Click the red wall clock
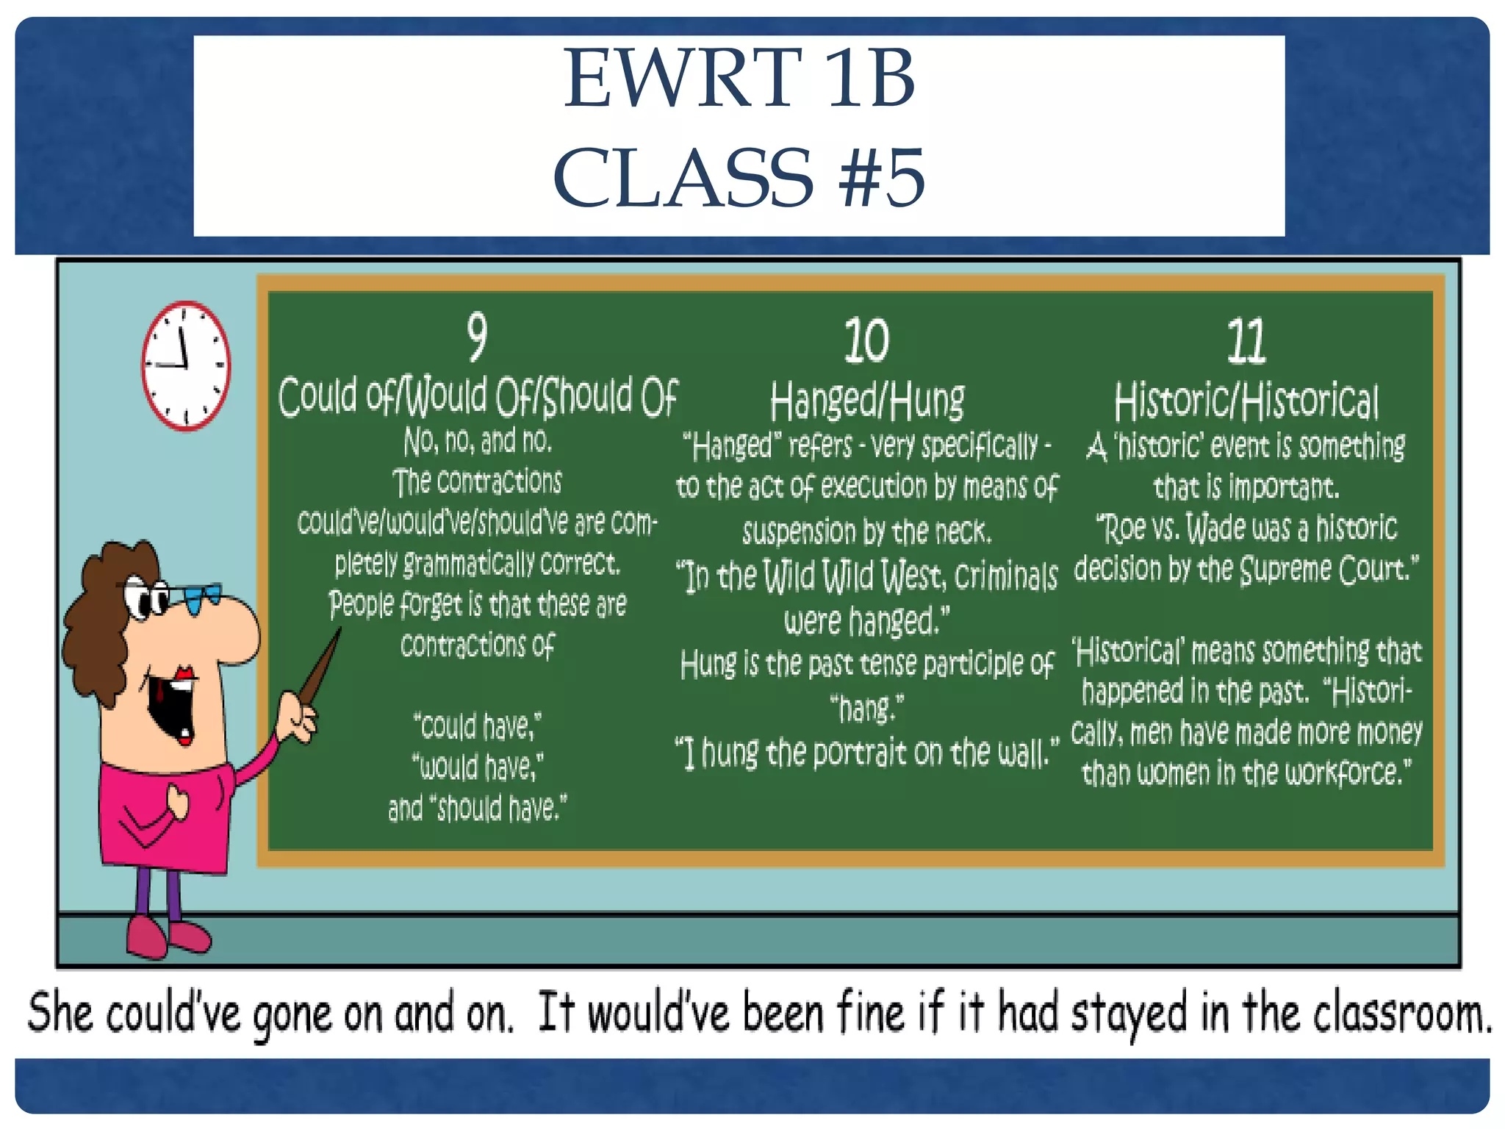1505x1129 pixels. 186,365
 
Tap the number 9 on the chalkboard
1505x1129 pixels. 477,337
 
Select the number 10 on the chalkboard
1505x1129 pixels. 866,340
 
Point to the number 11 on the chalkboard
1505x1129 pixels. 1246,341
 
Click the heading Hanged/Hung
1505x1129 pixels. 867,401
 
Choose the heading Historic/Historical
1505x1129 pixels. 1246,401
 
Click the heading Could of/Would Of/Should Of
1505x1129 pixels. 478,397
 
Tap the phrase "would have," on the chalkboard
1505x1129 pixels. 478,767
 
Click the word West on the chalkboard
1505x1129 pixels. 913,576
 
